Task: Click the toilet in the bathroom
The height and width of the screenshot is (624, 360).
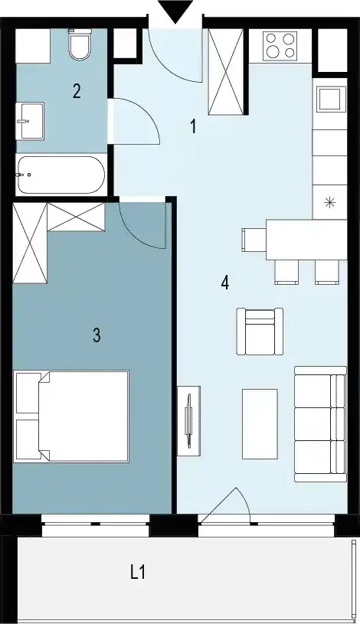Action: click(80, 44)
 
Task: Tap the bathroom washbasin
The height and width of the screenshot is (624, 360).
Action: click(30, 121)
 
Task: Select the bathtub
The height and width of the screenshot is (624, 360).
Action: click(61, 175)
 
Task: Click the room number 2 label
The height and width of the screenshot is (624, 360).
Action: click(77, 91)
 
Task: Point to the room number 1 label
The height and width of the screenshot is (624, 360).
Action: click(193, 127)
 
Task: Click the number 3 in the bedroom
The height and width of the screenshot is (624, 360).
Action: click(97, 335)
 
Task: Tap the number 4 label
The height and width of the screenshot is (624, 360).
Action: click(225, 283)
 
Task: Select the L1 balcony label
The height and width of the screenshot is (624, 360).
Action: click(138, 573)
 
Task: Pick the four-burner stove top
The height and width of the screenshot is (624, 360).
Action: click(280, 45)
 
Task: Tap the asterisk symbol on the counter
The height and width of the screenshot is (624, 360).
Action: click(329, 203)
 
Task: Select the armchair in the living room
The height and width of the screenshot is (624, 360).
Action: click(260, 331)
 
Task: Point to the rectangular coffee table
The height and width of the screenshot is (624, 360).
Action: click(260, 424)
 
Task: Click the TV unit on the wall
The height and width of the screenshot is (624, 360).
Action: click(188, 420)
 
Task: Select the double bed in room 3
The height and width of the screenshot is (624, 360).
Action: click(71, 417)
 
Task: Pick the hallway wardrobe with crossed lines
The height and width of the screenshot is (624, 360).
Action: click(226, 72)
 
